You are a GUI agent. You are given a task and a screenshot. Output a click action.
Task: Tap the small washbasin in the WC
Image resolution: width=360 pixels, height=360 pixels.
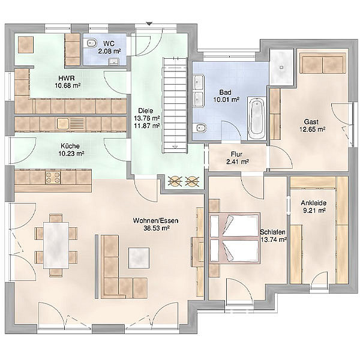coord(114,62)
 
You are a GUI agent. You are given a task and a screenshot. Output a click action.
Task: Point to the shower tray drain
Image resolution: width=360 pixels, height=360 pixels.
coord(281,67)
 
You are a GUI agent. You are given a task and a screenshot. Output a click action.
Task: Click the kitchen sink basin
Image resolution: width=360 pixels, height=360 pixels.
coord(62,124)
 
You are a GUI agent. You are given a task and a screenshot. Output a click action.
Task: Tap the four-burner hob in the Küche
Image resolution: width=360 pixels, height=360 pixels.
coord(53,178)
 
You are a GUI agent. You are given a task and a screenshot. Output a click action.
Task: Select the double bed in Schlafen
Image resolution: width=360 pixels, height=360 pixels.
coord(235,238)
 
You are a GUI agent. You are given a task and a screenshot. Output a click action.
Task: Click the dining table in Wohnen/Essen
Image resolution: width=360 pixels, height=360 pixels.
coord(56,245)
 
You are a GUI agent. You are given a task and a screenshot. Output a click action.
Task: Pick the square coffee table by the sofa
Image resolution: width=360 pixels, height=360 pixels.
coord(139,258)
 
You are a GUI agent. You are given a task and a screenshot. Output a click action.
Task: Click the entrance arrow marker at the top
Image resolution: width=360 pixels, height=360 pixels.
coord(149,23)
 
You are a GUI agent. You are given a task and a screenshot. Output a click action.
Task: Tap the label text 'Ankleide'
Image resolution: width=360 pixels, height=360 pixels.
coord(314,203)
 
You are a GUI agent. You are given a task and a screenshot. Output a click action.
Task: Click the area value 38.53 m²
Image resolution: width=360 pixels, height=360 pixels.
coord(157,228)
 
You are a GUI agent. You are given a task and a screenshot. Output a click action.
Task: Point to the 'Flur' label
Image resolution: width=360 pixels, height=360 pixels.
coord(236,154)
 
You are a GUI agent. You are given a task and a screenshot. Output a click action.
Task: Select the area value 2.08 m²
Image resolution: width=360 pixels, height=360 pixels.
coord(110,51)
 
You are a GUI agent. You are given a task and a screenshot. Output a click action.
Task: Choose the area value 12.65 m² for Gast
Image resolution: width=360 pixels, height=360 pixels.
coord(312,129)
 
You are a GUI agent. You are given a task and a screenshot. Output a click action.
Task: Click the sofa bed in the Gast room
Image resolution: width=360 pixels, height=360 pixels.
coord(323,64)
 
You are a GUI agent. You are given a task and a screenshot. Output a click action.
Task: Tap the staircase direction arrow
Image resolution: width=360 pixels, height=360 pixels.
coord(175,147)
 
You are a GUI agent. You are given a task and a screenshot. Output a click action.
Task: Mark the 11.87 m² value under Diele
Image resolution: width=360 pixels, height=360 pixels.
coord(147,125)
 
